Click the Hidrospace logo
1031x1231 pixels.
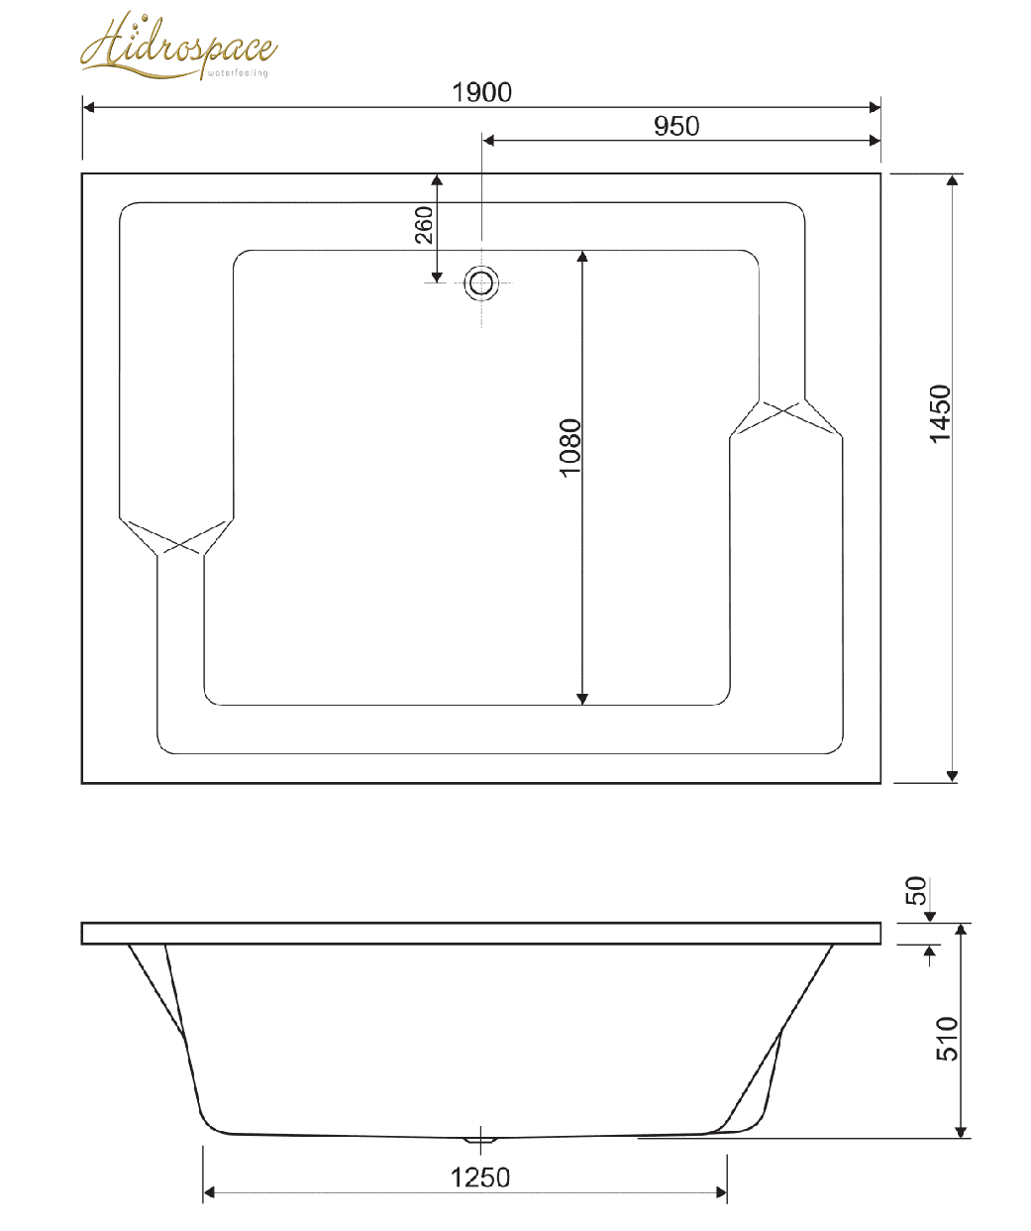click(178, 46)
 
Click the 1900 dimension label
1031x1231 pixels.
click(481, 92)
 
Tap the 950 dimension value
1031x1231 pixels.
click(676, 126)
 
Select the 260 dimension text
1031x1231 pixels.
click(424, 225)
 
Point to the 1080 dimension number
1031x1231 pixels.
click(569, 448)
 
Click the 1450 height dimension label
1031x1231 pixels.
click(940, 413)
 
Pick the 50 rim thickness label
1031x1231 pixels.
click(915, 891)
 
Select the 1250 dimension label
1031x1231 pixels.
click(480, 1178)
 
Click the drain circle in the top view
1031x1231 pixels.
click(481, 283)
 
